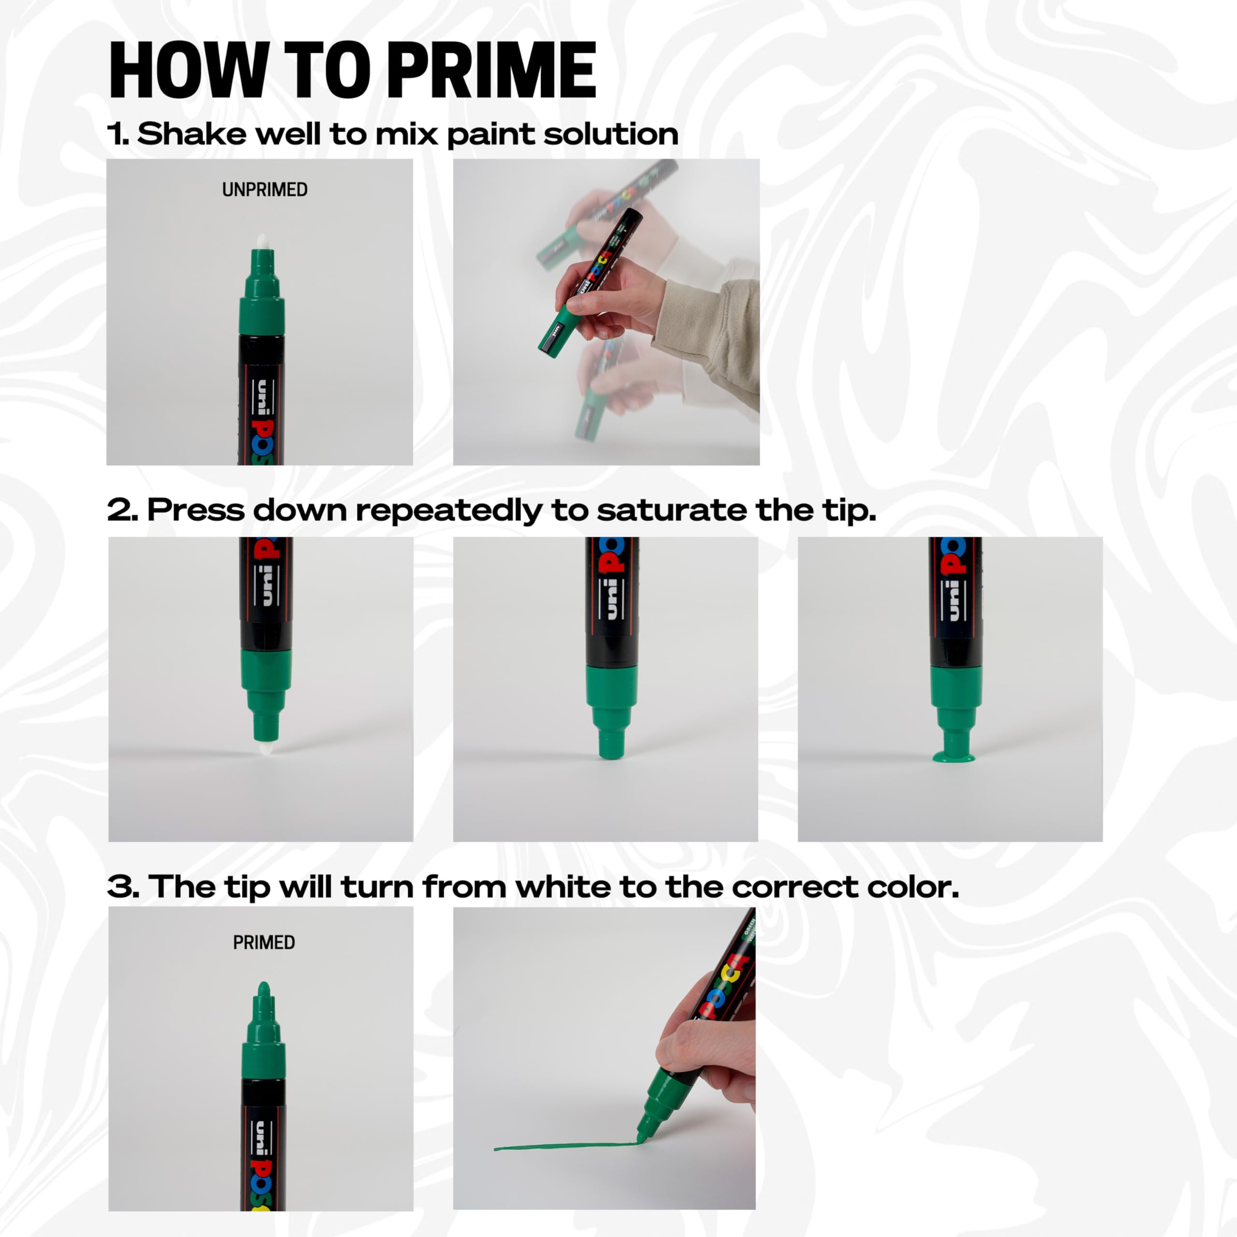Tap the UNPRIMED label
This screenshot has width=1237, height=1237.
coord(264,189)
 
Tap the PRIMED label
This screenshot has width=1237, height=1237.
coord(264,942)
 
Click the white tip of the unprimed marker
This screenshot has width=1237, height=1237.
coord(262,242)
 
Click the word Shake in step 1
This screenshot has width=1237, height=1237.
coord(191,134)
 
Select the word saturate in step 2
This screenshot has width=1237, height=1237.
coord(672,510)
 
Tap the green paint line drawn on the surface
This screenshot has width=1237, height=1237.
coord(563,1147)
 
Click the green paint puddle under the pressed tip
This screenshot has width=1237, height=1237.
coord(953,758)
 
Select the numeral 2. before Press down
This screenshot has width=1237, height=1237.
coord(122,510)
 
